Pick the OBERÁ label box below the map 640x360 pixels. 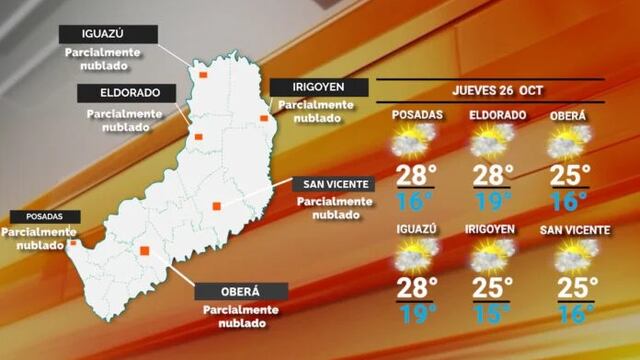click(241, 291)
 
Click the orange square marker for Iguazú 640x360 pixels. click(203, 74)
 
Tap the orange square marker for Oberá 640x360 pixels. click(145, 251)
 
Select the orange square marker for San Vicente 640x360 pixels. click(216, 207)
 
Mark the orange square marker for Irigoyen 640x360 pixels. click(264, 118)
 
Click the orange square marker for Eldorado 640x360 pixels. click(198, 137)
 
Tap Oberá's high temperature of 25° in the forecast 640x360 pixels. click(571, 176)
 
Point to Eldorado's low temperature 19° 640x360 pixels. click(490, 202)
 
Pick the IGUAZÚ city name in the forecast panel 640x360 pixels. click(416, 229)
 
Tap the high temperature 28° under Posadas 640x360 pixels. click(417, 176)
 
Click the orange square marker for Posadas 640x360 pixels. click(73, 242)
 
